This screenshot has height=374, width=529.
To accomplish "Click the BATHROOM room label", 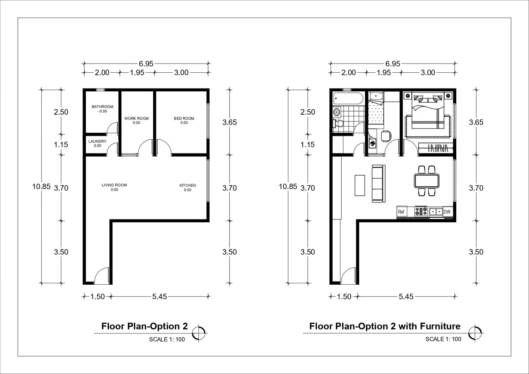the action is click(103, 107).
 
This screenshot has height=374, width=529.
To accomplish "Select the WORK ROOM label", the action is click(136, 118).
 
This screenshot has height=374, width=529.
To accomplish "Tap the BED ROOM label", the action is click(184, 118).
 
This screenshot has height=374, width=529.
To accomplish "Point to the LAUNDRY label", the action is click(97, 141).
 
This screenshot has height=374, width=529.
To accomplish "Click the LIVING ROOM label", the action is click(114, 185).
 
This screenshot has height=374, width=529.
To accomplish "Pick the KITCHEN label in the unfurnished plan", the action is click(188, 185).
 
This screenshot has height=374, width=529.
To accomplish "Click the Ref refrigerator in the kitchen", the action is click(402, 211).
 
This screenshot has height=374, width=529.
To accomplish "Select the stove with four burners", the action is click(421, 211).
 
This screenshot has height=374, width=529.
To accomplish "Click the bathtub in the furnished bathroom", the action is click(348, 98).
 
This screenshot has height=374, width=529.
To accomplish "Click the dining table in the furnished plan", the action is click(427, 181).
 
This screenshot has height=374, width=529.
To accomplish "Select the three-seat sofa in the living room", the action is click(378, 184).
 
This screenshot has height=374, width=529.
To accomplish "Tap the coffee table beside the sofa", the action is click(360, 185).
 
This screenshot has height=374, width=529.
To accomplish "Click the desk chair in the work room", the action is click(386, 136).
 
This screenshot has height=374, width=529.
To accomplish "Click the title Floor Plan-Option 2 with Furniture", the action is click(385, 326).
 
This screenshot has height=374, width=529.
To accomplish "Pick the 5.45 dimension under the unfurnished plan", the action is click(159, 296).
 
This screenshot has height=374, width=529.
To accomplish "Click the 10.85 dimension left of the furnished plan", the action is click(288, 187).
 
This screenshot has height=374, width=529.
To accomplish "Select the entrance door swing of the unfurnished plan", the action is click(102, 276).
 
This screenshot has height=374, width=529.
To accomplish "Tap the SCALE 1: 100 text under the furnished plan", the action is click(443, 339).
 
